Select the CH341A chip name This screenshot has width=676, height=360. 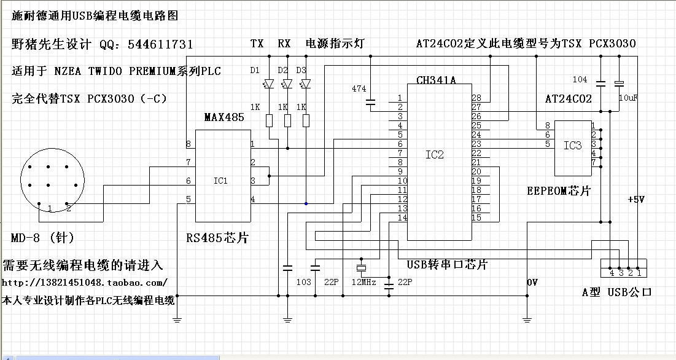pos(435,80)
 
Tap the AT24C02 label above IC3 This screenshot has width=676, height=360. pos(569,99)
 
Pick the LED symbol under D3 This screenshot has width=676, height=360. pos(305,84)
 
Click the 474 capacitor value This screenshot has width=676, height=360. pos(359,89)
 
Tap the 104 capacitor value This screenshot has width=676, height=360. pos(580,80)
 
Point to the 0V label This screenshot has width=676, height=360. pos(532,282)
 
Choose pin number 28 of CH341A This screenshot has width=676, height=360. pos(476,98)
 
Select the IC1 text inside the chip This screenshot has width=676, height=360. pos(220,181)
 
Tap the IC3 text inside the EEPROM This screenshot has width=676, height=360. pos(572,146)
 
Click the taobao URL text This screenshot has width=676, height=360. pos(85,283)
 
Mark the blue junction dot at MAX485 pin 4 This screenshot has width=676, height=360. pos(306,203)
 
